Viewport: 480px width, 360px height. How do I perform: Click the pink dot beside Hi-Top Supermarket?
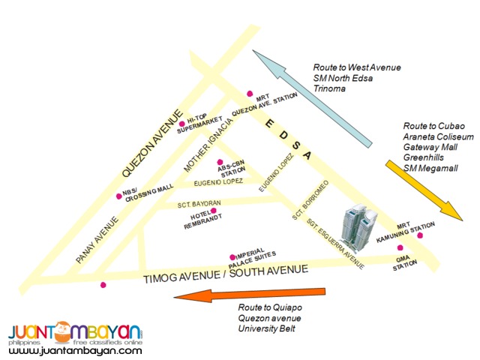(x=181, y=123)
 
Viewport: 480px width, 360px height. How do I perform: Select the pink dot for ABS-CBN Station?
(x=219, y=163)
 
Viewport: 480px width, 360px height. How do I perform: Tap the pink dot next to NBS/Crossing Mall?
(x=118, y=196)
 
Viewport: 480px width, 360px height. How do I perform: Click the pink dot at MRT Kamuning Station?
(x=420, y=235)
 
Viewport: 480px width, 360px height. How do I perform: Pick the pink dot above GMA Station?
(x=400, y=248)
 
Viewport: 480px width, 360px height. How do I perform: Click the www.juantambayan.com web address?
(x=75, y=350)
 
